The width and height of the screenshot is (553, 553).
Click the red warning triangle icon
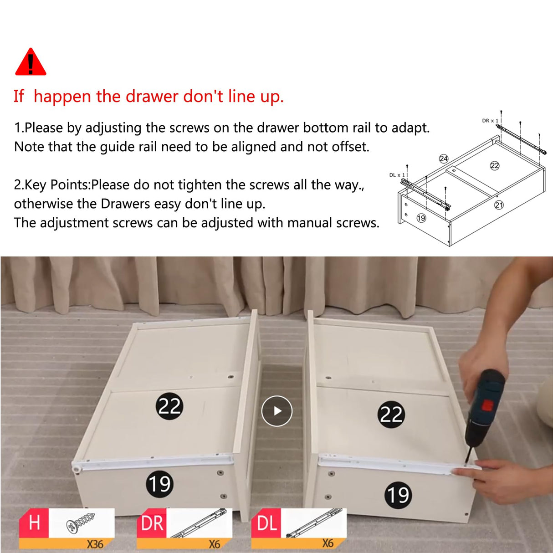(31, 62)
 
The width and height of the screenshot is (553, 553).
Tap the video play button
(276, 411)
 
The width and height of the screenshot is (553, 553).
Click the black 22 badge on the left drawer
(169, 406)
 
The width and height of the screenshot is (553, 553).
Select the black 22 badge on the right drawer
(391, 415)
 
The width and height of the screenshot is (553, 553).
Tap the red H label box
(34, 522)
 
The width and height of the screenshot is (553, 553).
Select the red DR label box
(152, 522)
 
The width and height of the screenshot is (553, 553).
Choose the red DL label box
(266, 522)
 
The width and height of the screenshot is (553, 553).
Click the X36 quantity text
(95, 544)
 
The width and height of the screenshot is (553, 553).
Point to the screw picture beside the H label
(81, 523)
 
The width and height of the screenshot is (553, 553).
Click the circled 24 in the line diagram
(444, 159)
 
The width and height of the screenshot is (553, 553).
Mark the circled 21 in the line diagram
(499, 205)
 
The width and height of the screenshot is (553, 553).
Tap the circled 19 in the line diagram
(421, 218)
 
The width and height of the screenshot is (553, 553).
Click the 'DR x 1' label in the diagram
(490, 121)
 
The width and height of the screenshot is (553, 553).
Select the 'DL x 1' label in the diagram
(397, 175)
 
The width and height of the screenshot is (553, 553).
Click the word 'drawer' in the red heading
(152, 96)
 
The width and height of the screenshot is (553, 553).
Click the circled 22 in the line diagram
(495, 166)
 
